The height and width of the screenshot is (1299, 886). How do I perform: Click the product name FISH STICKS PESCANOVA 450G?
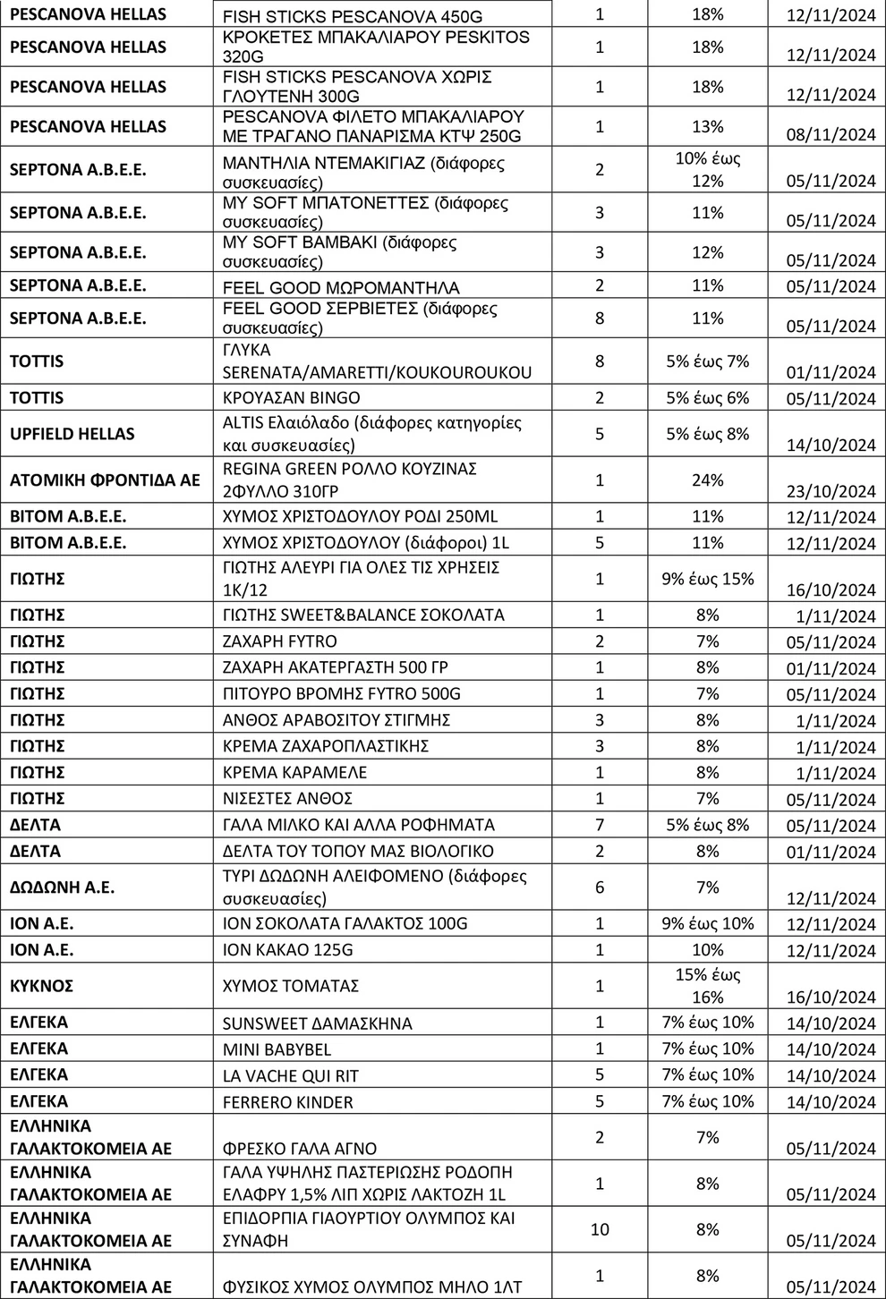[352, 17]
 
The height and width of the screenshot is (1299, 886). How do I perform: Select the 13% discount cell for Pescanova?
[707, 127]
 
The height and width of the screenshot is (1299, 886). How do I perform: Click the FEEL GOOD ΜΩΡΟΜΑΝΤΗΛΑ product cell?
[340, 287]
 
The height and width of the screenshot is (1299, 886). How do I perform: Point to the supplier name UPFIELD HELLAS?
[72, 434]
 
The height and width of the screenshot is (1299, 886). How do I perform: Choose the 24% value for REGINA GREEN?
[707, 480]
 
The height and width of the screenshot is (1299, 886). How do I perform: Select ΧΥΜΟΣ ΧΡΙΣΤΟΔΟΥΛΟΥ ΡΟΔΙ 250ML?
[360, 517]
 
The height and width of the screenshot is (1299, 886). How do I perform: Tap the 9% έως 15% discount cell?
[707, 579]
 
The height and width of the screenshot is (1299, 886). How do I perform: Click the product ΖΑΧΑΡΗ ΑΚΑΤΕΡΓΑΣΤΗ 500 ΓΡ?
[336, 667]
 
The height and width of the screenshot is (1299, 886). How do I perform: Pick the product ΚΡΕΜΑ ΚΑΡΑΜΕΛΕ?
[294, 772]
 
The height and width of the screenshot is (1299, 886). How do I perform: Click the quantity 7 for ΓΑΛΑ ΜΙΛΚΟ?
[600, 825]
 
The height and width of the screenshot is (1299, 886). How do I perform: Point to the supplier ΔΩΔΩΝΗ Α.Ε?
[62, 887]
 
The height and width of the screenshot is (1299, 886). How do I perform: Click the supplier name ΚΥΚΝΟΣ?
[41, 986]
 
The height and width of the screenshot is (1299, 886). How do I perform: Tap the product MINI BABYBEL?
[277, 1049]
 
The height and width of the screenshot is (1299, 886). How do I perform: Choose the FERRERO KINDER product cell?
[287, 1102]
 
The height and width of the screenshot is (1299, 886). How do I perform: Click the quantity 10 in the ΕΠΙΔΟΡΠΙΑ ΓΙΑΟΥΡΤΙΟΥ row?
[600, 1229]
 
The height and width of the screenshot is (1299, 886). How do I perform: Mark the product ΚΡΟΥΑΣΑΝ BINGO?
[291, 398]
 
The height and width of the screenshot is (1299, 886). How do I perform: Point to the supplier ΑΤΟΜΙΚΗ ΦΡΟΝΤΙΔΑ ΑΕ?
[105, 480]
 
